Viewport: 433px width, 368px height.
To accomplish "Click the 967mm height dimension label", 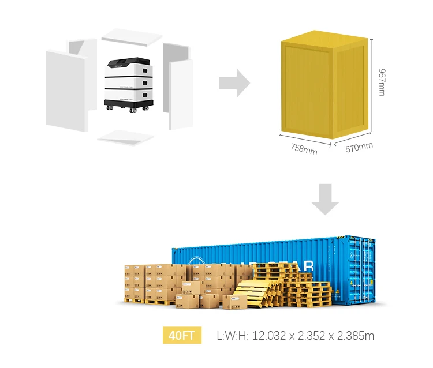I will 381,82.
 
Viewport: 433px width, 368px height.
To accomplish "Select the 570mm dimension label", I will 359,148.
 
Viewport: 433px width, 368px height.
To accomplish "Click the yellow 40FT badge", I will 182,336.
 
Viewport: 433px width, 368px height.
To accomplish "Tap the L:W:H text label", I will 232,336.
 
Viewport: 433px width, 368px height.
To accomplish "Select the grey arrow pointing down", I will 325,200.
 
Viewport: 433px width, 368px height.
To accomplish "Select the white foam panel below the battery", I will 126,137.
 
